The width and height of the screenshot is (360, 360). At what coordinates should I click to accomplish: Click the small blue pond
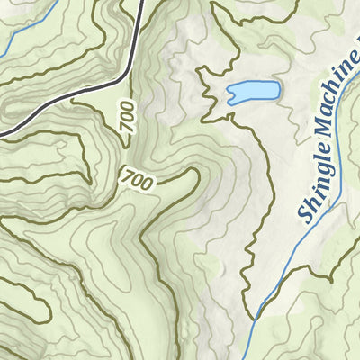tap(253, 92)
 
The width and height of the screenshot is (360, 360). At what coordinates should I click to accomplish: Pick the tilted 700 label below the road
tap(136, 179)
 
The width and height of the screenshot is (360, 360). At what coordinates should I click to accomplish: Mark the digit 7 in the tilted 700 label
tap(125, 175)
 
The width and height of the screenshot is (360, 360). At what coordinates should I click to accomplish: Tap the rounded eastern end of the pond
tap(275, 90)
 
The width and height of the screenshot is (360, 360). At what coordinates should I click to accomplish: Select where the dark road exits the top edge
tap(144, 2)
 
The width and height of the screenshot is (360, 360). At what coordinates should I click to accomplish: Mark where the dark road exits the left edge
tap(2, 135)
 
